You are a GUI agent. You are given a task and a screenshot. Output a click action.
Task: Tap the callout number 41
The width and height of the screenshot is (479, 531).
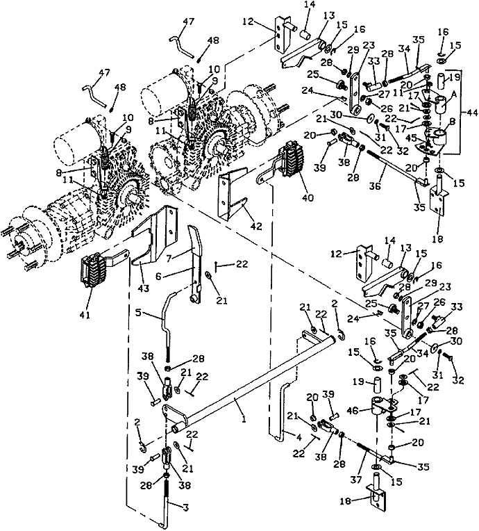(x=85, y=315)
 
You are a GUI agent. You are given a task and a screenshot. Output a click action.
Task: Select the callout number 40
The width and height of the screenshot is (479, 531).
(x=308, y=197)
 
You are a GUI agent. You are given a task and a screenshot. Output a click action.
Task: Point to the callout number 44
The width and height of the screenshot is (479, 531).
(x=471, y=113)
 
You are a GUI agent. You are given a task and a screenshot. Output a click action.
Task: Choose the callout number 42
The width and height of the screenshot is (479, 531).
(x=257, y=226)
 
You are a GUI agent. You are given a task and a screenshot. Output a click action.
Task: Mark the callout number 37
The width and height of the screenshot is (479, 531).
(x=357, y=480)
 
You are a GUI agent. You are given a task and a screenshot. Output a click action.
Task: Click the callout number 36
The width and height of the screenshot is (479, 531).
(x=374, y=186)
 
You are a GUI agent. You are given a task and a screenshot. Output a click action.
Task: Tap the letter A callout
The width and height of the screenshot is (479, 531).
(x=454, y=95)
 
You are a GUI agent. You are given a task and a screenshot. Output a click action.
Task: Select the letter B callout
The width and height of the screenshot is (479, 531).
(x=453, y=121)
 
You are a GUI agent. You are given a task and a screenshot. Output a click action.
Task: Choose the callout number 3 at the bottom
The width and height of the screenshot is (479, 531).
(x=185, y=507)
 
